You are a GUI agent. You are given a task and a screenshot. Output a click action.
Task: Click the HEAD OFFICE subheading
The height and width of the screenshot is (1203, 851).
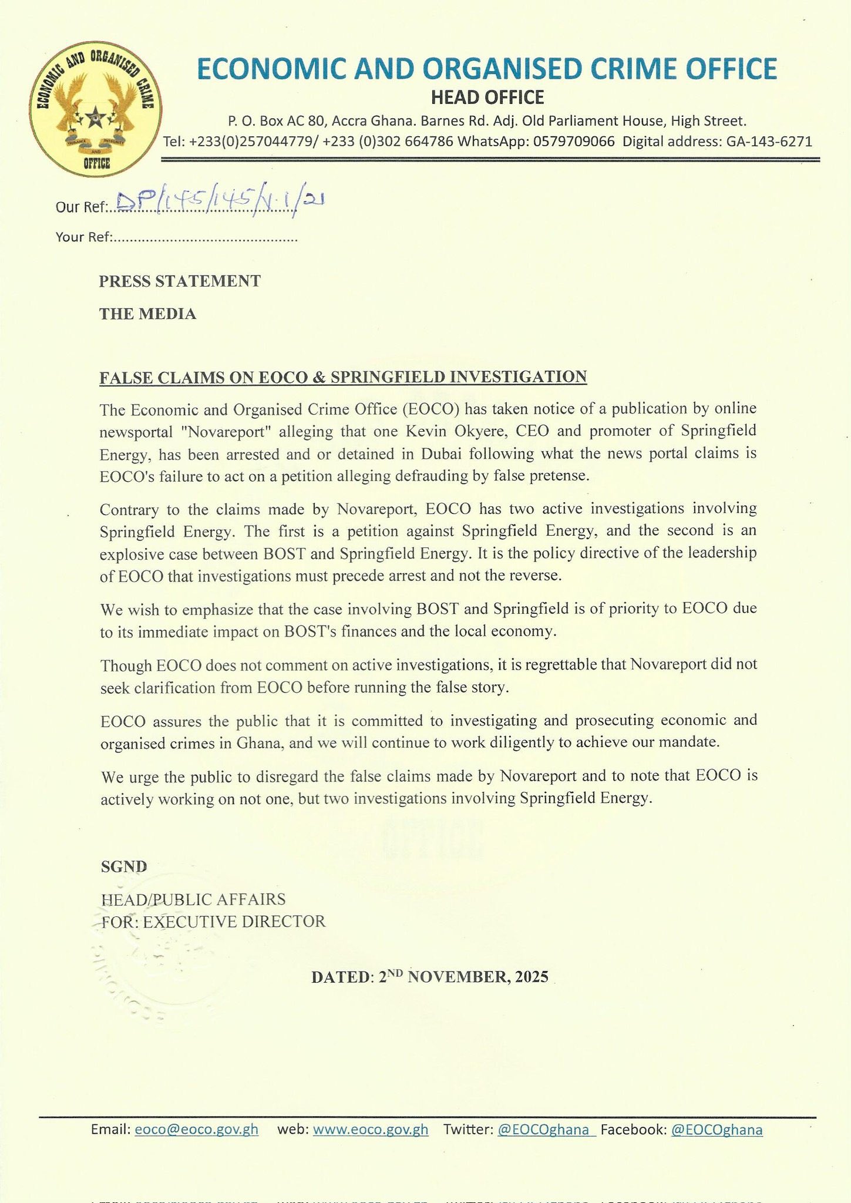coord(487,97)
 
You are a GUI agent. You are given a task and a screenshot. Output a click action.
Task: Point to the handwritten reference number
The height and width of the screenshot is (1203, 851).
coord(220,203)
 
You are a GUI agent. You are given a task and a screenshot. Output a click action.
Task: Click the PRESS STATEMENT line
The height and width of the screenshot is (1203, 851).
coord(180,281)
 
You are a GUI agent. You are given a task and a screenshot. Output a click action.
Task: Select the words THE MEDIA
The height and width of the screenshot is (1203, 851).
coord(147,314)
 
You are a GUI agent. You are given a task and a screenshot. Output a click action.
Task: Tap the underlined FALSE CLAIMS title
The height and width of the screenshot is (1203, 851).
coord(343,377)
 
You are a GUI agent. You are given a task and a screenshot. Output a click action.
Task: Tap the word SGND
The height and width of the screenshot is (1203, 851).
coord(124,866)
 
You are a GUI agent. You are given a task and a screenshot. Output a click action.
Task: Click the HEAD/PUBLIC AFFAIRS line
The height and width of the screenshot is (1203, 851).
coord(193,899)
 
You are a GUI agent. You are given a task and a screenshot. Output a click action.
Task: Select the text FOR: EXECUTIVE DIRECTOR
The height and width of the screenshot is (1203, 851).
coord(213,921)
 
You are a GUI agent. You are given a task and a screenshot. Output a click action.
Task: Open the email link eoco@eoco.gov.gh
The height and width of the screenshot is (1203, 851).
coord(197,1130)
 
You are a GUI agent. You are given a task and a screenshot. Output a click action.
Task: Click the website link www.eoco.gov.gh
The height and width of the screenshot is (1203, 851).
coord(371,1130)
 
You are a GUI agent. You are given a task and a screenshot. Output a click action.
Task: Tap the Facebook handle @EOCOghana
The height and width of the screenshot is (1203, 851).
coord(717,1130)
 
